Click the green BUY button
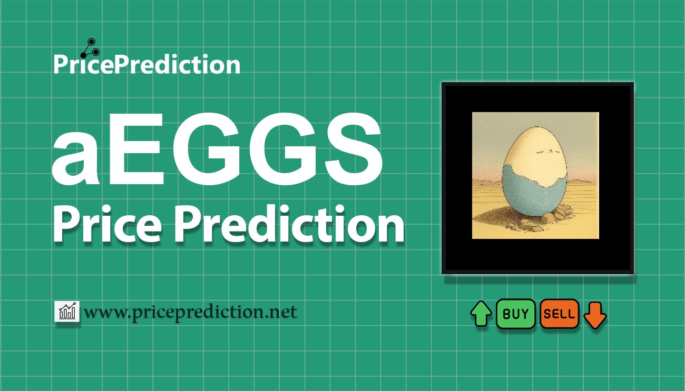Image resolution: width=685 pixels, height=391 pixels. pos(515,314)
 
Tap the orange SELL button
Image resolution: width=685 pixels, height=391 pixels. pos(559,314)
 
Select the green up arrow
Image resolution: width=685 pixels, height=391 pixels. pos(481,314)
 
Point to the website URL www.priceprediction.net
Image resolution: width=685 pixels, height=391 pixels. pos(191,313)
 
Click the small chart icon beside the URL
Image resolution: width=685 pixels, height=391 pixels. pos(67,312)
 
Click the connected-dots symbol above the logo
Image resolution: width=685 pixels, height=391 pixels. pos(88,47)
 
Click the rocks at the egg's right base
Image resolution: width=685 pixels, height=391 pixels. pos(563,213)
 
